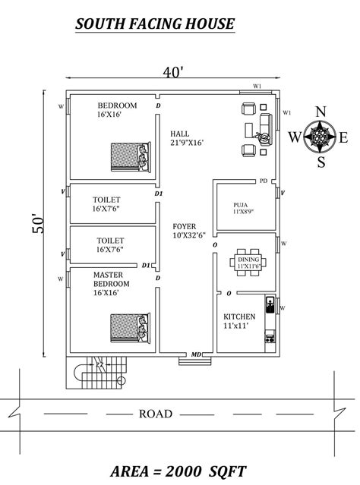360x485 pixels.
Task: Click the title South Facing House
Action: [x=155, y=25]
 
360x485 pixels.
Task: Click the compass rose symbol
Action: [x=321, y=137]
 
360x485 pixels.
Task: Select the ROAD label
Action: [x=156, y=414]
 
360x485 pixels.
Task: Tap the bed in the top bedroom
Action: [x=126, y=156]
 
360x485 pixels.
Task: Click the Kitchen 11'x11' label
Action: [x=239, y=320]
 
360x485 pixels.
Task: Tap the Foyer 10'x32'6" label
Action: [x=185, y=230]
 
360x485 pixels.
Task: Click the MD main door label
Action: [x=196, y=354]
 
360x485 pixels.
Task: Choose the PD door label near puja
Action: [x=263, y=181]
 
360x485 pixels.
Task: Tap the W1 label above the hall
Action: [x=257, y=87]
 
